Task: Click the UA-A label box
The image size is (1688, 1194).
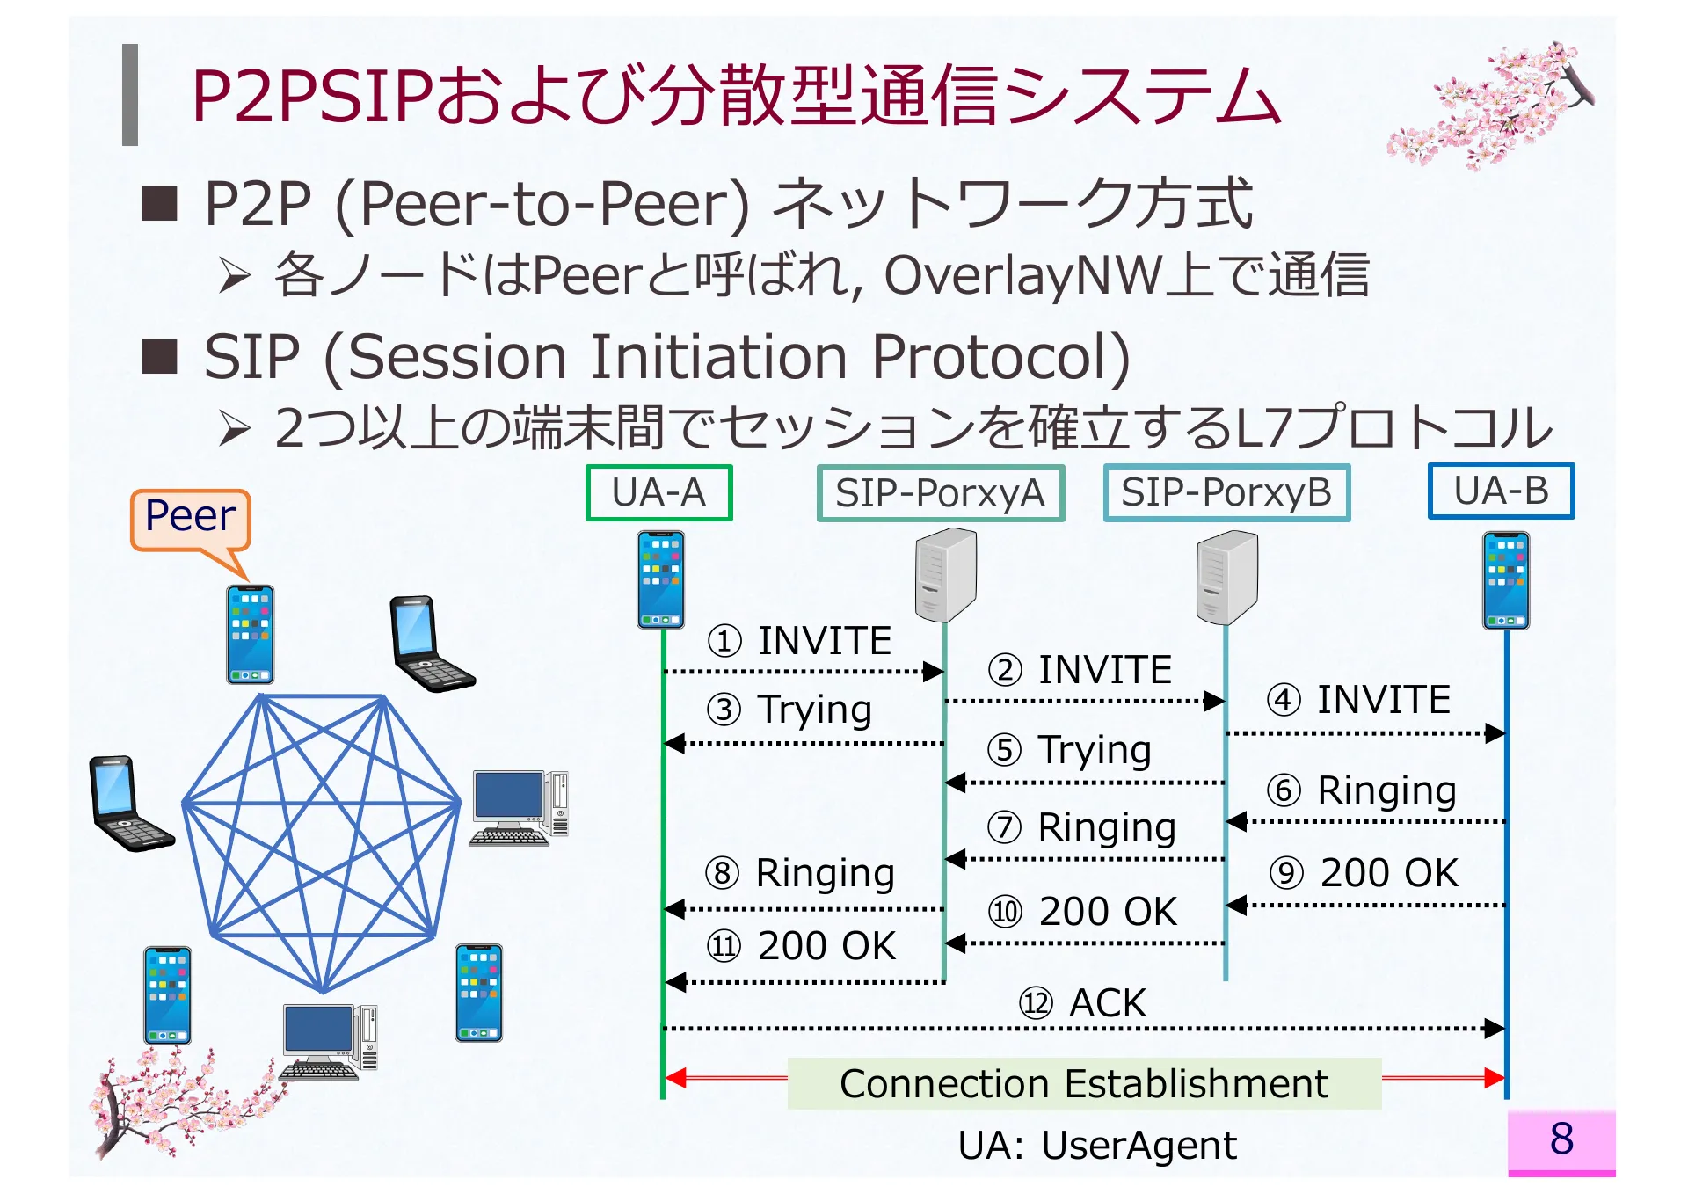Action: pos(658,492)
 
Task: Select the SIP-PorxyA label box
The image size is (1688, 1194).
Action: pos(940,492)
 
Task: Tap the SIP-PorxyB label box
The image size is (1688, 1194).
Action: pos(1226,492)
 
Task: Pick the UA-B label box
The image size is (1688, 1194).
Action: pos(1501,491)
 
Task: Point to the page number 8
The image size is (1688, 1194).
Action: pos(1561,1139)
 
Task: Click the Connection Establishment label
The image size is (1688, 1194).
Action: pos(1083,1083)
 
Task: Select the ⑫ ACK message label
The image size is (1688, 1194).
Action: pos(1083,1002)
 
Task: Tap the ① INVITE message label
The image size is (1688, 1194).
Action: pos(800,640)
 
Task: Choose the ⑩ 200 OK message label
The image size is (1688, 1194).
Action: pos(1083,911)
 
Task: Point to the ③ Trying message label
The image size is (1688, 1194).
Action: pos(789,709)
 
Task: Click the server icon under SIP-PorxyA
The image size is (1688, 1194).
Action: pos(945,576)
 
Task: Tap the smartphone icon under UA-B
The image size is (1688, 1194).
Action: pos(1505,580)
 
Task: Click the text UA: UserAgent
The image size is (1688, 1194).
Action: pos(1096,1145)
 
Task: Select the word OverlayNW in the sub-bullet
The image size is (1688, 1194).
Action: pos(1023,276)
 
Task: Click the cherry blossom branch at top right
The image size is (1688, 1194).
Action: pos(1495,106)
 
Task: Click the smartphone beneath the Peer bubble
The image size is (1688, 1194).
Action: pos(251,635)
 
